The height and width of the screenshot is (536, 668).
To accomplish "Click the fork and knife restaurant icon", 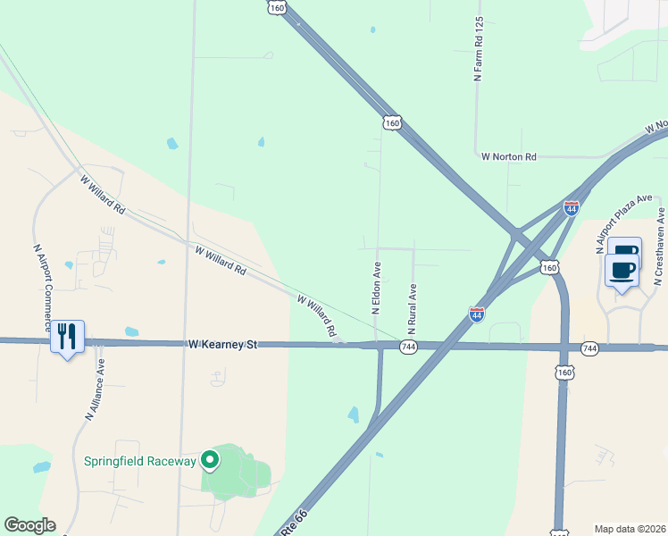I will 67,337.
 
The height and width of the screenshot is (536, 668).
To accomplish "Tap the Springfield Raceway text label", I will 139,461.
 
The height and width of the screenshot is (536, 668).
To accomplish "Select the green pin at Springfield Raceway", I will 210,460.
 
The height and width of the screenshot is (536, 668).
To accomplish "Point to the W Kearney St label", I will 222,343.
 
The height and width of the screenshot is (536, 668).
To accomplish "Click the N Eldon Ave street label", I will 376,288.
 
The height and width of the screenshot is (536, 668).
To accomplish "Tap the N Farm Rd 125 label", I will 479,49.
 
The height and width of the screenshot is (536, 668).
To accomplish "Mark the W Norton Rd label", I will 508,156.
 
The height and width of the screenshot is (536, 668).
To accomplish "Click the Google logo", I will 29,525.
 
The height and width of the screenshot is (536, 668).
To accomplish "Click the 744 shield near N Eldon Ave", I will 408,347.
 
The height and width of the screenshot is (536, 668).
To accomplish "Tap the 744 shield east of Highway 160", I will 589,348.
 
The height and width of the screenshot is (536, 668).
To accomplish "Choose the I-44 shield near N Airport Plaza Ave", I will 572,208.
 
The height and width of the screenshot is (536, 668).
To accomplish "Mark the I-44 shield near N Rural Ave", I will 477,314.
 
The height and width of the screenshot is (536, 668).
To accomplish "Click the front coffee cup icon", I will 622,269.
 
